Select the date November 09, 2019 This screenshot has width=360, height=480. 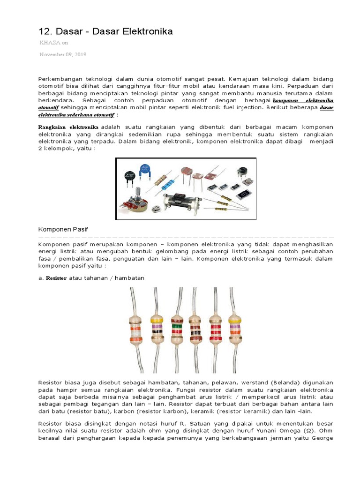[x=62, y=54]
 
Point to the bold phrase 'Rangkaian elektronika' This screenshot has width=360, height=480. [x=68, y=127]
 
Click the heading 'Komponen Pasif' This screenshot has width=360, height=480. [x=63, y=229]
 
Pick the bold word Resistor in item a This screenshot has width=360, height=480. [x=55, y=278]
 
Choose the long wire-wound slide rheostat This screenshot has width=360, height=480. [x=184, y=201]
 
